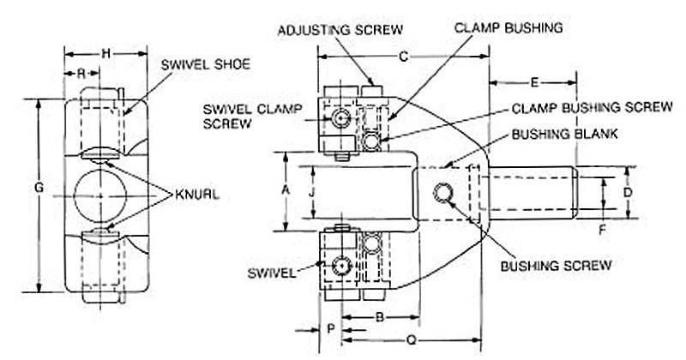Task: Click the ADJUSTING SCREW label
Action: [x=340, y=30]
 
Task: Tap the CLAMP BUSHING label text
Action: [x=508, y=27]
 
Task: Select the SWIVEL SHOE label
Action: [x=206, y=64]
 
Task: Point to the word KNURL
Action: [x=197, y=195]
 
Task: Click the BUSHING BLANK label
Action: [x=564, y=134]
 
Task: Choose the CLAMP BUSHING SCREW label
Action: [x=592, y=107]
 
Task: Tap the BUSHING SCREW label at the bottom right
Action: [x=556, y=266]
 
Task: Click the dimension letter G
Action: [x=39, y=188]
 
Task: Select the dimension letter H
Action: [x=105, y=54]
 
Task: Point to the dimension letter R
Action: [x=81, y=74]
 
